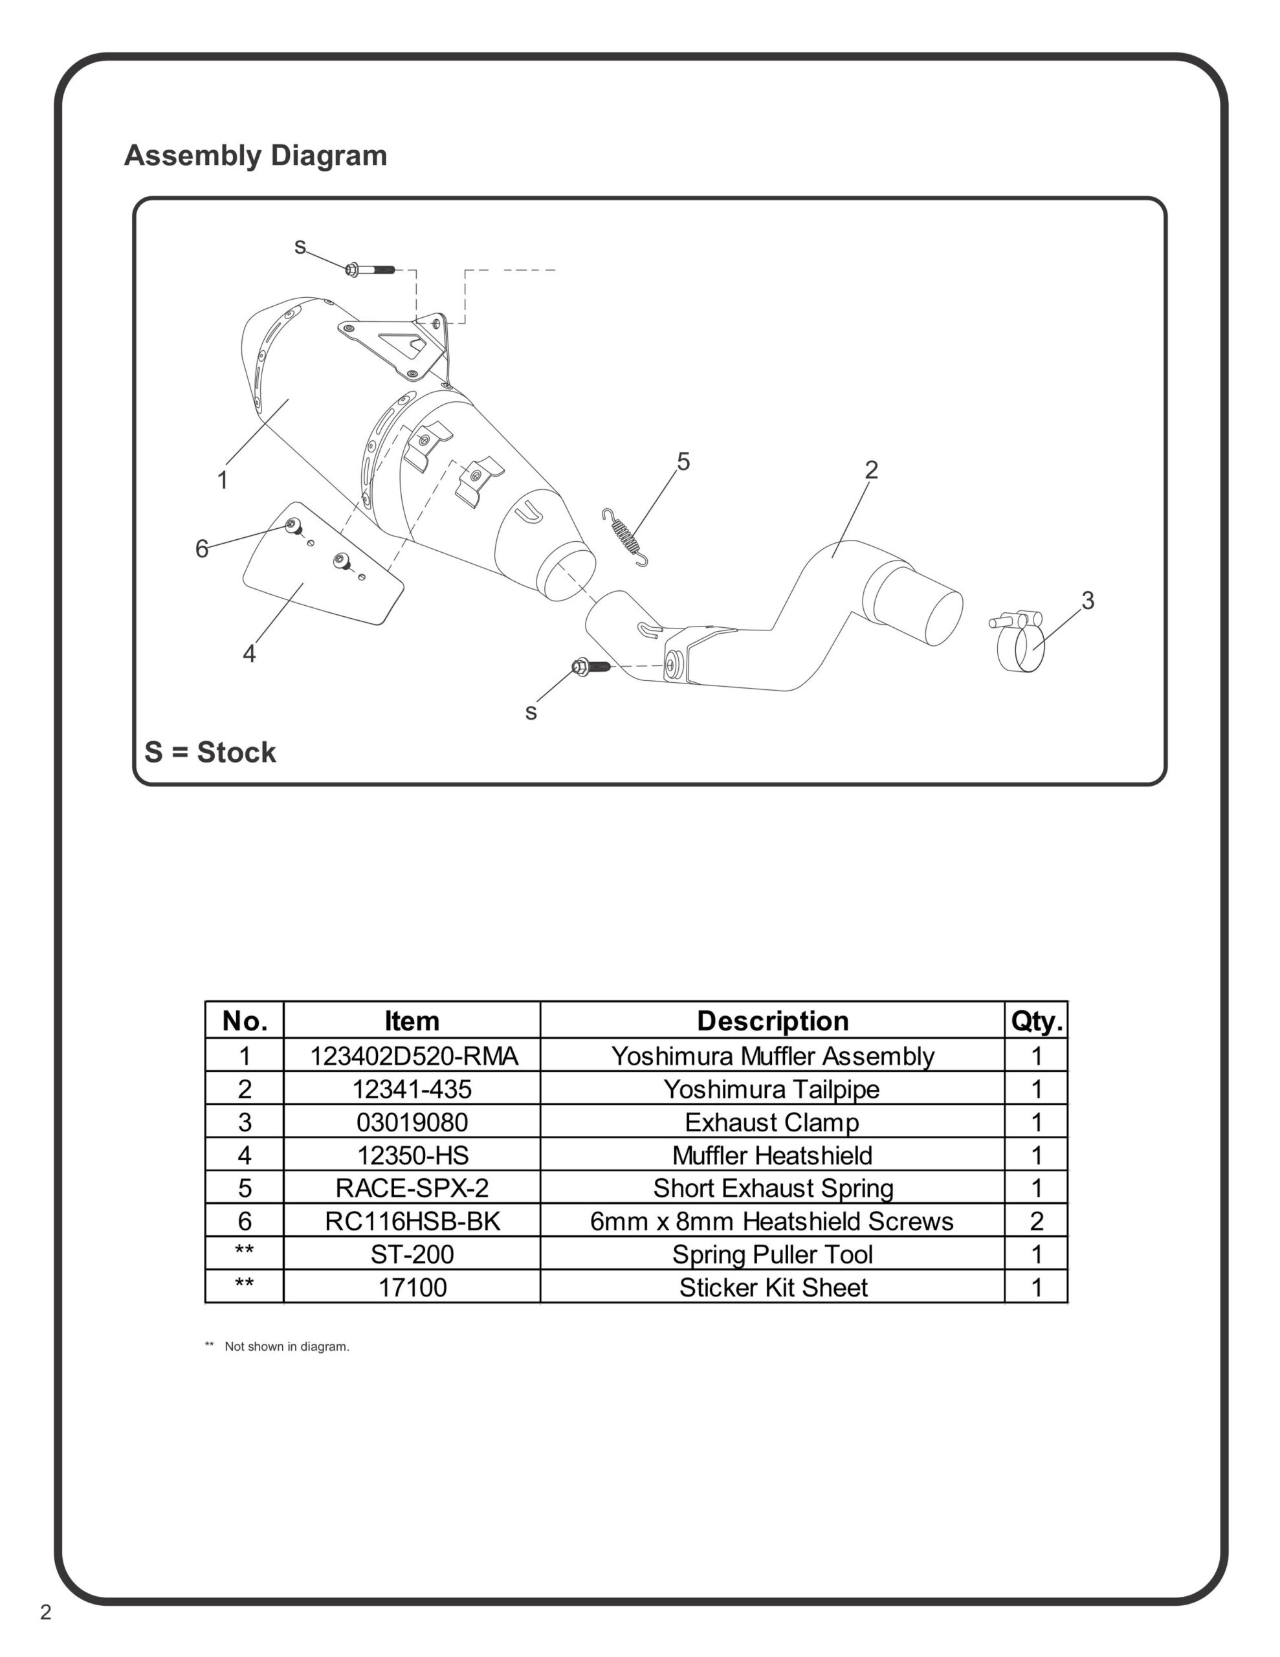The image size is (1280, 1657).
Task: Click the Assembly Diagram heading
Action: click(255, 155)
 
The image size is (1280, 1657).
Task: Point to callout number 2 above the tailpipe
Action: click(871, 471)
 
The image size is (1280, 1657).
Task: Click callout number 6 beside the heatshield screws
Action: click(202, 548)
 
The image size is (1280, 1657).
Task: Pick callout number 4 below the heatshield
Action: click(249, 653)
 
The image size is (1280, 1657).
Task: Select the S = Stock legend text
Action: click(210, 753)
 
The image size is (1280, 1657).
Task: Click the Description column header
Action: click(773, 1021)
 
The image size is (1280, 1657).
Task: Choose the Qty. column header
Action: click(1037, 1021)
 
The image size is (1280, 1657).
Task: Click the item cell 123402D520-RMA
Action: click(414, 1056)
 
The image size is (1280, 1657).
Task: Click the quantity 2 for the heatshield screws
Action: click(1037, 1221)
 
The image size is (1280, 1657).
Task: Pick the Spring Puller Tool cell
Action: click(773, 1255)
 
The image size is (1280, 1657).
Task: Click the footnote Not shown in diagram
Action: click(286, 1347)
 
